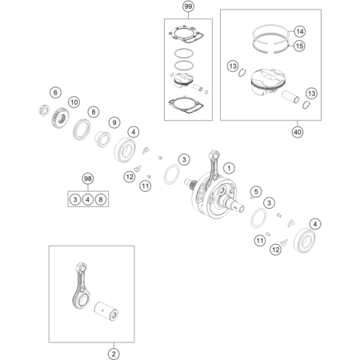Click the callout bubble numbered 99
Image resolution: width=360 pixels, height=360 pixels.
pos(188,6)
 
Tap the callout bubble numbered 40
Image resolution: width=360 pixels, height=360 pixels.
pos(298,132)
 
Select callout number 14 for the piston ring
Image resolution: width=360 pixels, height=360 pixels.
pos(300,31)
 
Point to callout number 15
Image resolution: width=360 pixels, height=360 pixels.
pos(299,46)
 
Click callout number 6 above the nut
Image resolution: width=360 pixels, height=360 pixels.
pos(55,93)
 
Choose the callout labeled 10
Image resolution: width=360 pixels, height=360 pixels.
pos(74,102)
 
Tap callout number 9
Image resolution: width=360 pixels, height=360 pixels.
pos(114,122)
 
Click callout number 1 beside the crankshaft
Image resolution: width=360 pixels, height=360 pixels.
pos(229,168)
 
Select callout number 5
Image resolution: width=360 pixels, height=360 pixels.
pos(256,191)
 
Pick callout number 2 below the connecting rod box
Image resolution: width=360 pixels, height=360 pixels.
pos(114,354)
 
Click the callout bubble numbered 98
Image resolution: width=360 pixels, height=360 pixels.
pos(88,178)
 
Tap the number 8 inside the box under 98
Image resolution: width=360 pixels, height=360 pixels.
pos(101,199)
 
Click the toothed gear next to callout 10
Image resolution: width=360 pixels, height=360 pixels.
pos(60,118)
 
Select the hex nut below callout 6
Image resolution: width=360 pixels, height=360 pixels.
pos(44,110)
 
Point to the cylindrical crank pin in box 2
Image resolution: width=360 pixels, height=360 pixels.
pos(106,310)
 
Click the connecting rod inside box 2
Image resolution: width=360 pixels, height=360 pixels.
pos(81,286)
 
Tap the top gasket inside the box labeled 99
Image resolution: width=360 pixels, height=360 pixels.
pos(186,34)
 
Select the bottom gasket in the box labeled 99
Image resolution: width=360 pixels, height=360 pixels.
pos(186,106)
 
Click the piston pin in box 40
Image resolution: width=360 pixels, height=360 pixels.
pos(290,97)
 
